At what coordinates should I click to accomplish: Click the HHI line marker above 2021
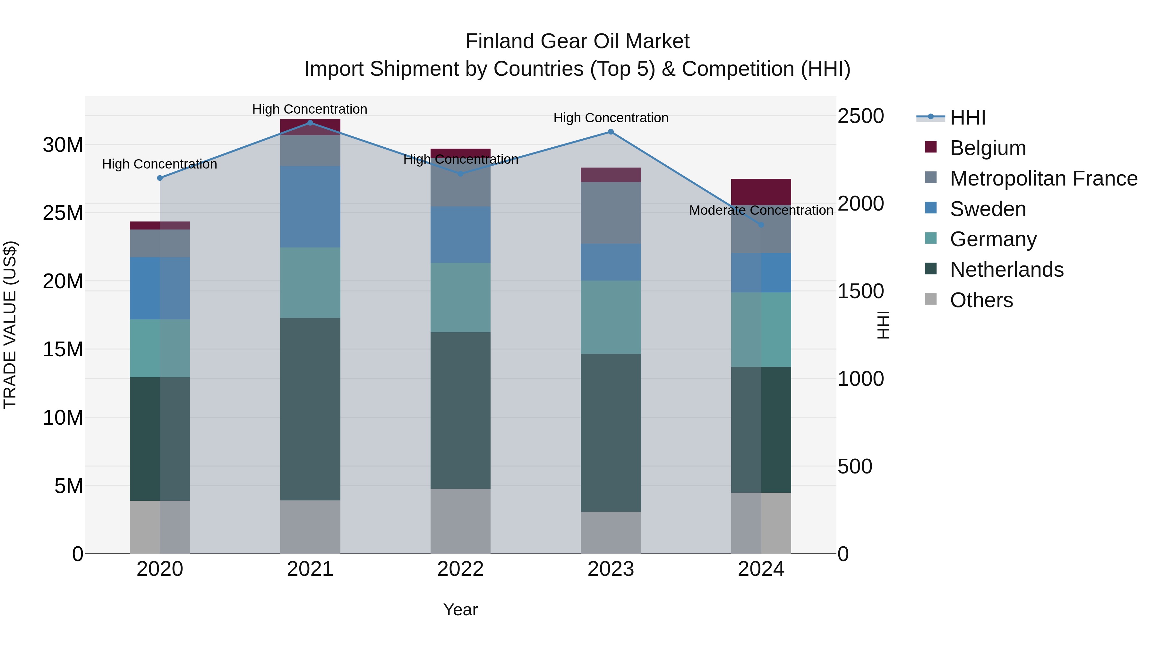pos(310,123)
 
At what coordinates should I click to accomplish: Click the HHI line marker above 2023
pos(611,132)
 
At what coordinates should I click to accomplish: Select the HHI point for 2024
pos(761,225)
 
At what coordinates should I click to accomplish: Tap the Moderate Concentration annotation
pos(761,210)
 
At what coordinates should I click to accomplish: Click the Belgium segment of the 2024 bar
pos(761,192)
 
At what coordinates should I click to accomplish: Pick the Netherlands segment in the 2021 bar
pos(310,409)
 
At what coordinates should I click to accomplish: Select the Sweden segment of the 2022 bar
pos(460,235)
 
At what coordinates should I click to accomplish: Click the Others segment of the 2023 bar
pos(611,533)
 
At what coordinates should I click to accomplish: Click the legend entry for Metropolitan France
pos(1043,178)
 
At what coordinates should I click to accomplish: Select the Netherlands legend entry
pos(1006,270)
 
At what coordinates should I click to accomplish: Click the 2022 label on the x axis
pos(460,569)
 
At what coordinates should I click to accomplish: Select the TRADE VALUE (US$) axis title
pos(10,325)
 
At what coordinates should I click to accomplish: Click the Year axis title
pos(460,610)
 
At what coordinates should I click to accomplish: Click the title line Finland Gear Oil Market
pos(577,41)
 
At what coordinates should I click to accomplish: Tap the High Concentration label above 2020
pos(160,164)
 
